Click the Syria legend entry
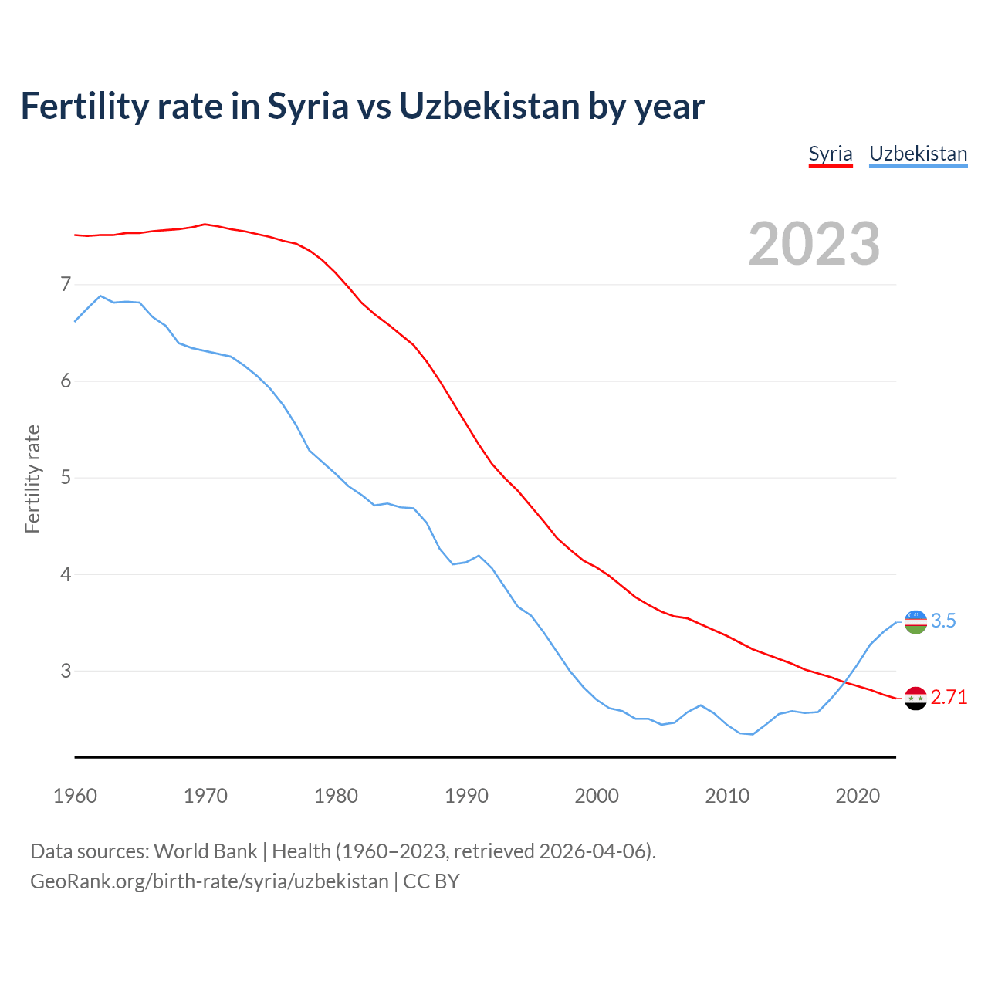click(x=830, y=154)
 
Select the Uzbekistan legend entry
click(x=918, y=154)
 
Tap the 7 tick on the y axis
click(x=65, y=285)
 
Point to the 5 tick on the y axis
click(x=65, y=478)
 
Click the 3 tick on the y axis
click(x=65, y=671)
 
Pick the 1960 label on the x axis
click(x=75, y=796)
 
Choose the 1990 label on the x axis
click(x=466, y=796)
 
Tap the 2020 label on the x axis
click(x=858, y=796)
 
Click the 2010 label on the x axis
click(x=727, y=796)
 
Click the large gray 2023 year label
click(x=814, y=244)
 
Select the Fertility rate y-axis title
click(x=32, y=479)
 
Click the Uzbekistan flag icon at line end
click(x=915, y=621)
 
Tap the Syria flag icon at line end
click(x=915, y=698)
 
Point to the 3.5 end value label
click(x=943, y=621)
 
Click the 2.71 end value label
click(x=949, y=698)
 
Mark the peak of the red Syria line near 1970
click(x=205, y=224)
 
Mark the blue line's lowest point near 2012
click(x=753, y=734)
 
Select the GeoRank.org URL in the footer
click(x=209, y=881)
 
